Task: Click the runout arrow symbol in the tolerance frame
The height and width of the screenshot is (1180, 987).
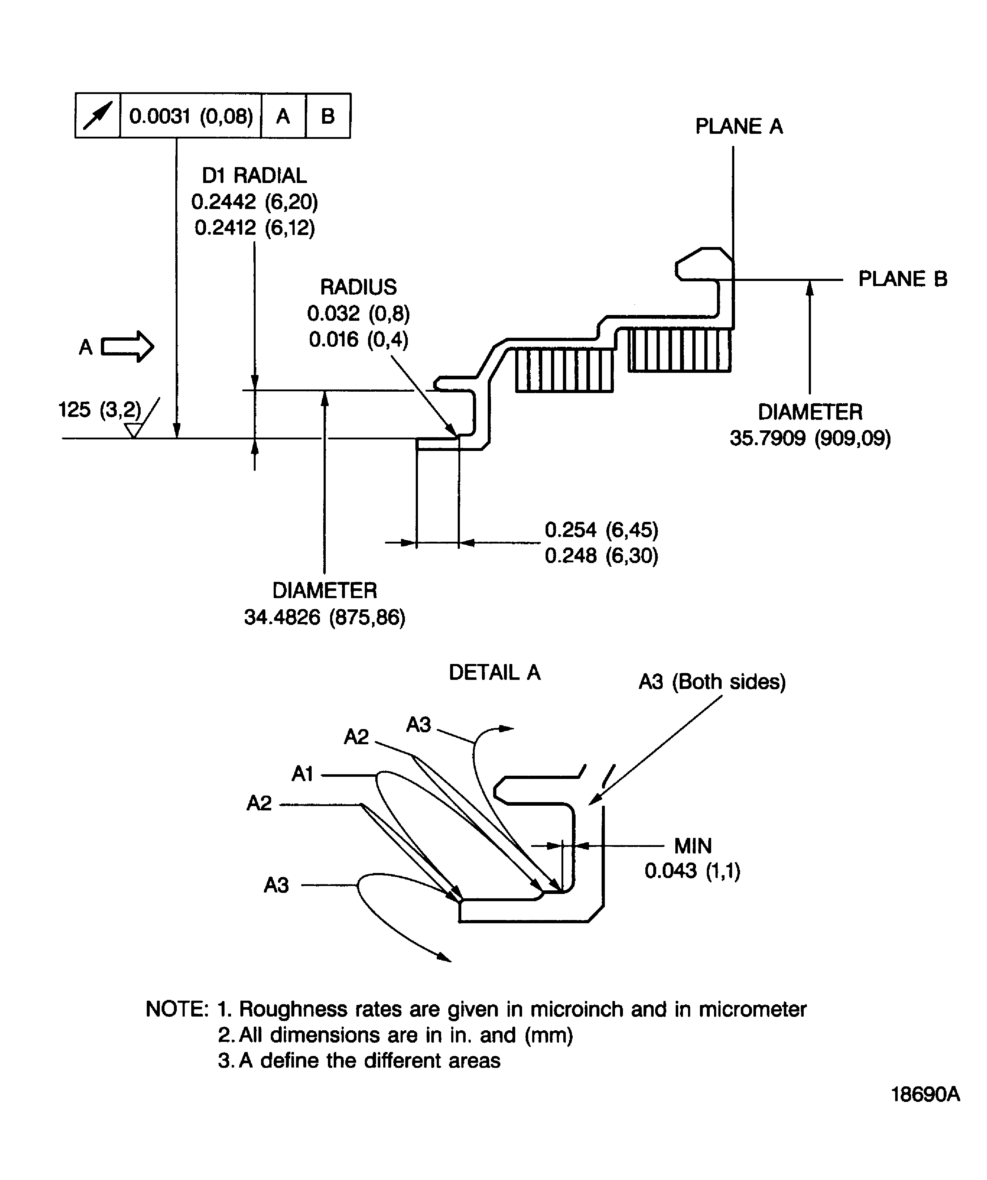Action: click(x=98, y=116)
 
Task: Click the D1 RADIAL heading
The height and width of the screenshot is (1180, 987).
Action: click(x=255, y=176)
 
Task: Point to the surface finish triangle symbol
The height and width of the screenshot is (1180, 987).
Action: click(x=133, y=430)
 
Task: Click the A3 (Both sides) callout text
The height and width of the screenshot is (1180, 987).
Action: click(x=712, y=682)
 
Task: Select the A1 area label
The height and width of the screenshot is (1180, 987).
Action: click(x=302, y=774)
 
